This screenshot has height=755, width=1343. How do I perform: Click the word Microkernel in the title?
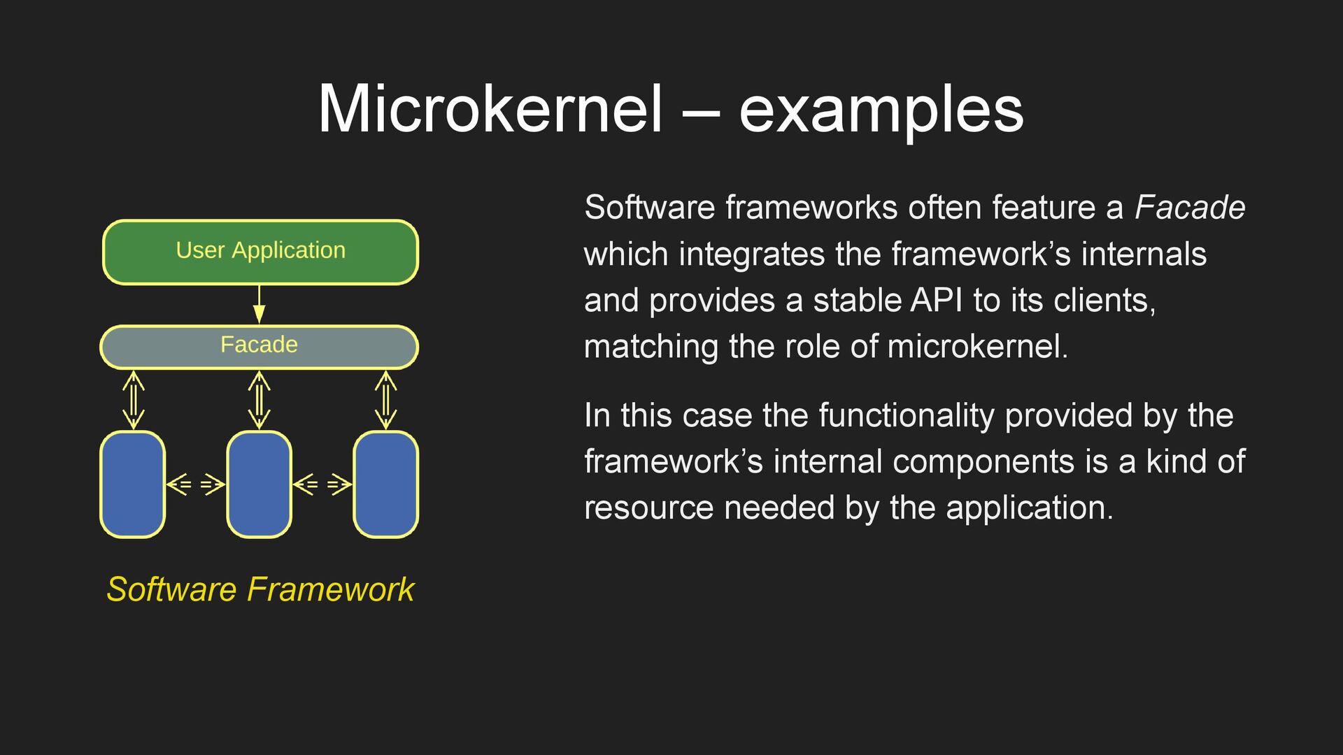click(x=490, y=110)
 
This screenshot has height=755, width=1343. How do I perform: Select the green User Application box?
click(x=260, y=252)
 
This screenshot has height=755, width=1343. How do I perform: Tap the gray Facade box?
click(x=259, y=346)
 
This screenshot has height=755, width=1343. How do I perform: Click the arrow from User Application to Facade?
click(x=260, y=304)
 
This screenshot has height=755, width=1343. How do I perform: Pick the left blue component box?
click(x=133, y=484)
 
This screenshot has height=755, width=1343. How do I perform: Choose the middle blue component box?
click(x=259, y=484)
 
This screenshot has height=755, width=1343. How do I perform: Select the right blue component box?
click(x=385, y=484)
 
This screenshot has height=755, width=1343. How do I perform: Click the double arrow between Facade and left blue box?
click(x=133, y=400)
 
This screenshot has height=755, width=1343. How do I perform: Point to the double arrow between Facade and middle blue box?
click(x=259, y=400)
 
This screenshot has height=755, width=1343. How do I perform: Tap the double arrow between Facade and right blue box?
click(x=385, y=400)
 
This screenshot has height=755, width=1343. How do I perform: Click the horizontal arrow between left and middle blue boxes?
click(x=196, y=484)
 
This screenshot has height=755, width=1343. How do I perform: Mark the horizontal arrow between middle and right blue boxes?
click(x=322, y=484)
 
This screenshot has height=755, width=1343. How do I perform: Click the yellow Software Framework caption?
click(x=260, y=589)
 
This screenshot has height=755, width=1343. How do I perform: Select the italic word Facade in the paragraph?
click(x=1189, y=208)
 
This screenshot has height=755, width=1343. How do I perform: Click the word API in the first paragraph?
click(x=937, y=301)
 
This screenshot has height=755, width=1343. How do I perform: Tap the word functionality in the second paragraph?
click(x=906, y=415)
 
